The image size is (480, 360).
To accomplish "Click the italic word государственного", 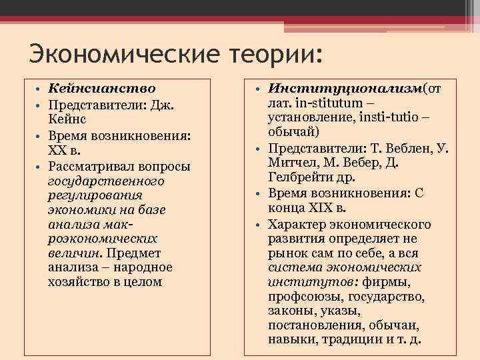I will coord(106,181).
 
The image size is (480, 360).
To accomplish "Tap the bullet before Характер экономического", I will coord(258,225).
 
